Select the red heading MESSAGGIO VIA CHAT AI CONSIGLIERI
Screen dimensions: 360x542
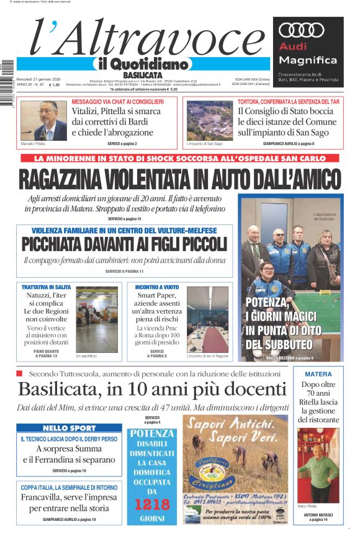[x=118, y=101]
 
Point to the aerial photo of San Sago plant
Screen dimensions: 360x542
[x=209, y=121]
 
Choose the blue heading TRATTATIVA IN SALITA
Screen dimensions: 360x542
[x=47, y=288]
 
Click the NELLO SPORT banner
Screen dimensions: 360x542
[x=69, y=428]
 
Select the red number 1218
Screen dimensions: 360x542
[x=151, y=504]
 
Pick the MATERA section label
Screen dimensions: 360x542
[x=318, y=374]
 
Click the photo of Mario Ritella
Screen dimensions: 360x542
[x=318, y=465]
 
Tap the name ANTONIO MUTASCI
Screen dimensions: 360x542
[x=318, y=514]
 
